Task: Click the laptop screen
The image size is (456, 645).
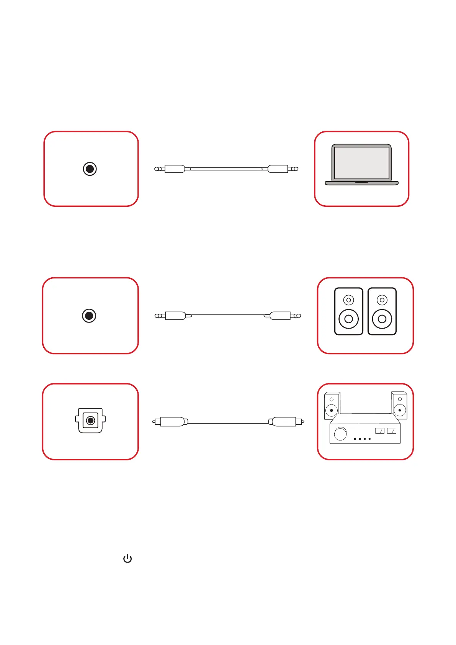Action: [x=361, y=163]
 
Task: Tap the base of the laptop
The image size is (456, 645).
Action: [x=361, y=183]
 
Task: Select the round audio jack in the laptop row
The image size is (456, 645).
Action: [x=90, y=169]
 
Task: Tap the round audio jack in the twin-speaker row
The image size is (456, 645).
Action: [x=89, y=316]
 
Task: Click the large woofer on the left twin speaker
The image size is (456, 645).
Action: [x=348, y=319]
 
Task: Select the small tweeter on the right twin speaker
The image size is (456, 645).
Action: [x=382, y=300]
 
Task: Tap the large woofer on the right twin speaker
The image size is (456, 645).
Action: [x=382, y=319]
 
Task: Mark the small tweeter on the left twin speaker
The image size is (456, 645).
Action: [x=348, y=300]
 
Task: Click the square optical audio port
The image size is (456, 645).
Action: [x=90, y=421]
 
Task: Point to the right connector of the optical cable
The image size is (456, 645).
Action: [x=284, y=422]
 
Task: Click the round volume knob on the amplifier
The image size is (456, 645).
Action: [x=340, y=434]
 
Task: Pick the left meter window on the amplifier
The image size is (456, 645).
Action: [x=379, y=431]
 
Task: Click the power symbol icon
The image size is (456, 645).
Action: [x=127, y=559]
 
